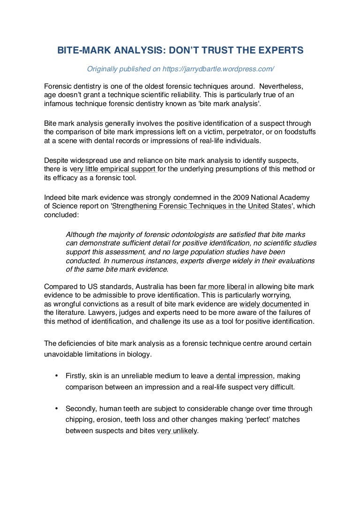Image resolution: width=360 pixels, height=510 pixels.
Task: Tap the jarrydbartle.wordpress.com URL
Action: [x=218, y=69]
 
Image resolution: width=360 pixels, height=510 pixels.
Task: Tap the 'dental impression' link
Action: [x=244, y=376]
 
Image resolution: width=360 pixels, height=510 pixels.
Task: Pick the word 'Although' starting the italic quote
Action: [x=81, y=234]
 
